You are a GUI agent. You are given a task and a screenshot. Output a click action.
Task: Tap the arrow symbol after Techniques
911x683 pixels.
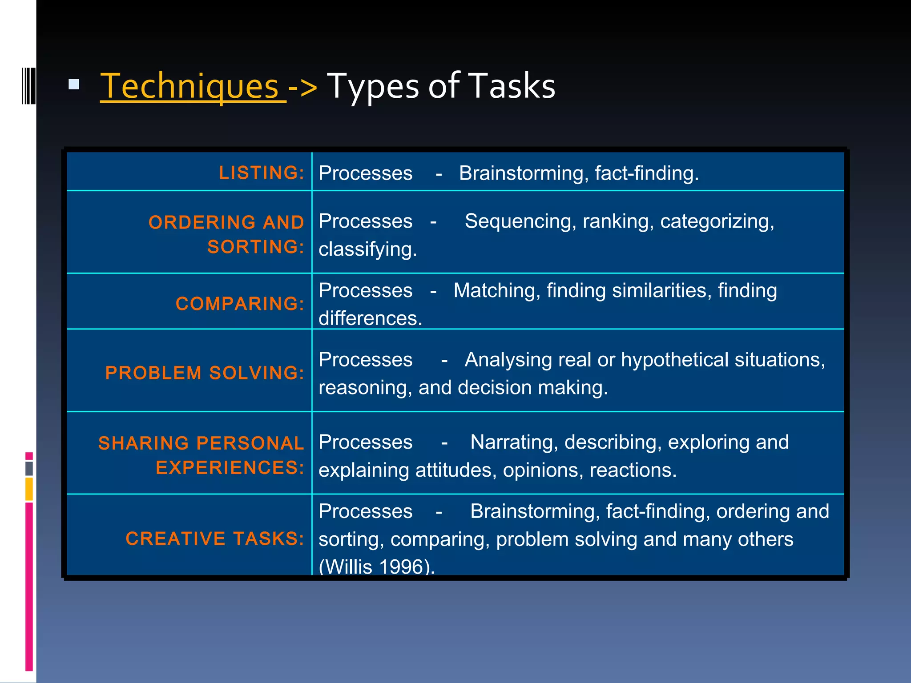tap(302, 87)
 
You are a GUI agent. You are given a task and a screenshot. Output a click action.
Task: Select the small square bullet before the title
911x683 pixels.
tap(74, 84)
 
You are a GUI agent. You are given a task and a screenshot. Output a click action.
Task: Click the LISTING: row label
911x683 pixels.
tap(262, 173)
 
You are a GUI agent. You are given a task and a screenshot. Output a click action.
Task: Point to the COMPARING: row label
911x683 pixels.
tap(240, 304)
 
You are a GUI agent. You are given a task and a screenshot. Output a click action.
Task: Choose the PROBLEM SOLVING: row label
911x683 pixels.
tap(205, 373)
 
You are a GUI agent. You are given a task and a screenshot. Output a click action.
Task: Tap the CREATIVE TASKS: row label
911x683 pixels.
tap(215, 538)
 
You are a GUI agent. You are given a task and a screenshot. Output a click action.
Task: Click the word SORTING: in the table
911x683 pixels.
tap(256, 247)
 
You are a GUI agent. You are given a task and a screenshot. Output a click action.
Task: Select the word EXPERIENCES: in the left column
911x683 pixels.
tap(230, 467)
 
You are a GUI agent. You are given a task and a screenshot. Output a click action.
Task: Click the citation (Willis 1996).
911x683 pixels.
tap(376, 566)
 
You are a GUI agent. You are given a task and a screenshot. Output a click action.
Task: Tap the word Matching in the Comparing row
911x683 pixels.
tap(496, 290)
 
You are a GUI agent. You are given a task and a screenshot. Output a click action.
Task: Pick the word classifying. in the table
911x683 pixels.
tap(368, 249)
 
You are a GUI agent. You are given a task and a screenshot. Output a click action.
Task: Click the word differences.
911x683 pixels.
tap(370, 318)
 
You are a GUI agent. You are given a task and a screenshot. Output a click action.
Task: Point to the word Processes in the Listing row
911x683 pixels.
tap(366, 173)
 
